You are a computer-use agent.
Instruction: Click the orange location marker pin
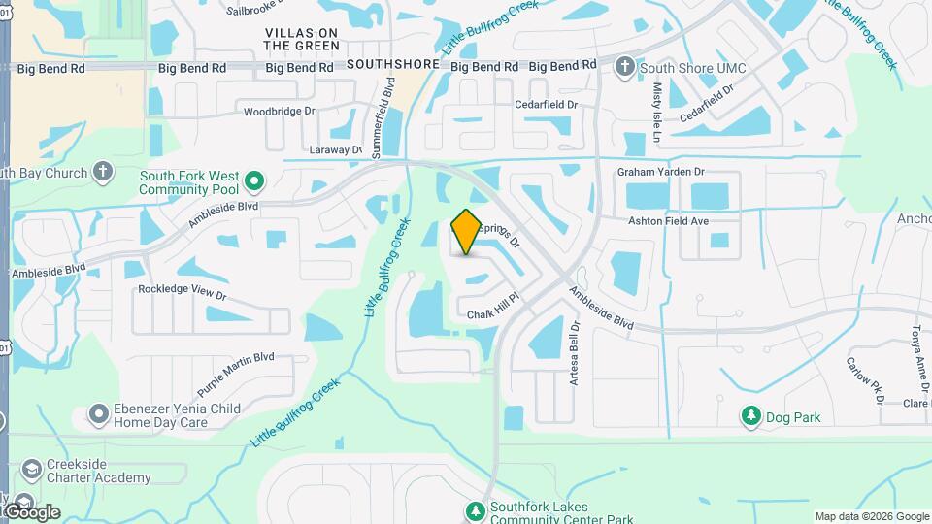(x=466, y=232)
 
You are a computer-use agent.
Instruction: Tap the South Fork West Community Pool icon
(x=254, y=181)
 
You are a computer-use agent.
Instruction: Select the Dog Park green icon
(x=750, y=417)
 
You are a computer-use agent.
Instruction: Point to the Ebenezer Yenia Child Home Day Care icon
(x=98, y=415)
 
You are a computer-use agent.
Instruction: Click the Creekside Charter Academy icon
(x=32, y=470)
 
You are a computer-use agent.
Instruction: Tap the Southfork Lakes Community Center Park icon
(x=475, y=510)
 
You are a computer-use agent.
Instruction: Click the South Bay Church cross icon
(x=104, y=174)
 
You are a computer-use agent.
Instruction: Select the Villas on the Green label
(x=303, y=39)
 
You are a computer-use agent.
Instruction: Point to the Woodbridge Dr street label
(x=280, y=112)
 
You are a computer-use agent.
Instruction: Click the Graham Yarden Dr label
(x=659, y=172)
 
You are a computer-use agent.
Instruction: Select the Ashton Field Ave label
(x=668, y=221)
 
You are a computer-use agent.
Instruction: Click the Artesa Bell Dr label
(x=575, y=353)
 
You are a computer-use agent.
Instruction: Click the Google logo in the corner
(x=31, y=511)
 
